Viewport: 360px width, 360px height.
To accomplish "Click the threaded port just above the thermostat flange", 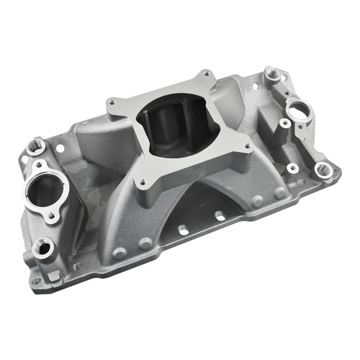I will (35, 146).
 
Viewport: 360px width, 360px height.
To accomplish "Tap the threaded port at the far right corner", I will (323, 170).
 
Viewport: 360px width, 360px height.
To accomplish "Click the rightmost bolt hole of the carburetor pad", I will (247, 146).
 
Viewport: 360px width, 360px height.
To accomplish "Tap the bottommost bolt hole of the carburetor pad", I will (143, 182).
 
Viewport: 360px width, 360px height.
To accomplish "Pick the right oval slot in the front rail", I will (219, 215).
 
